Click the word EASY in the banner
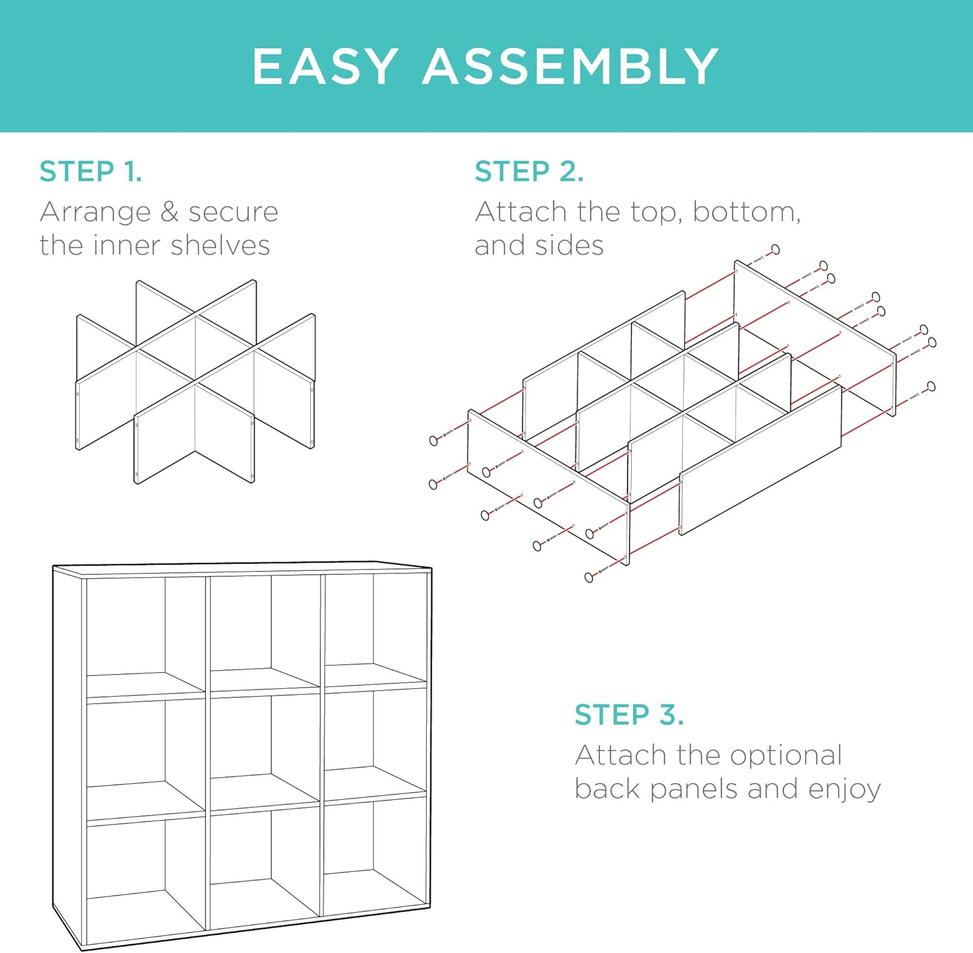324,66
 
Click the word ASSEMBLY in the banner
571,66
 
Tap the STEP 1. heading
91,171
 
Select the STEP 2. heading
529,171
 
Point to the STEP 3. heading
629,714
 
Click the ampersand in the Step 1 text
169,211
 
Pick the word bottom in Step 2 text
747,212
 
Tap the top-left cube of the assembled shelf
146,636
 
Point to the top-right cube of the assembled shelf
375,629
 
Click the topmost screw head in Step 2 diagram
775,250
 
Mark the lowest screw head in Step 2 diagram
589,577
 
